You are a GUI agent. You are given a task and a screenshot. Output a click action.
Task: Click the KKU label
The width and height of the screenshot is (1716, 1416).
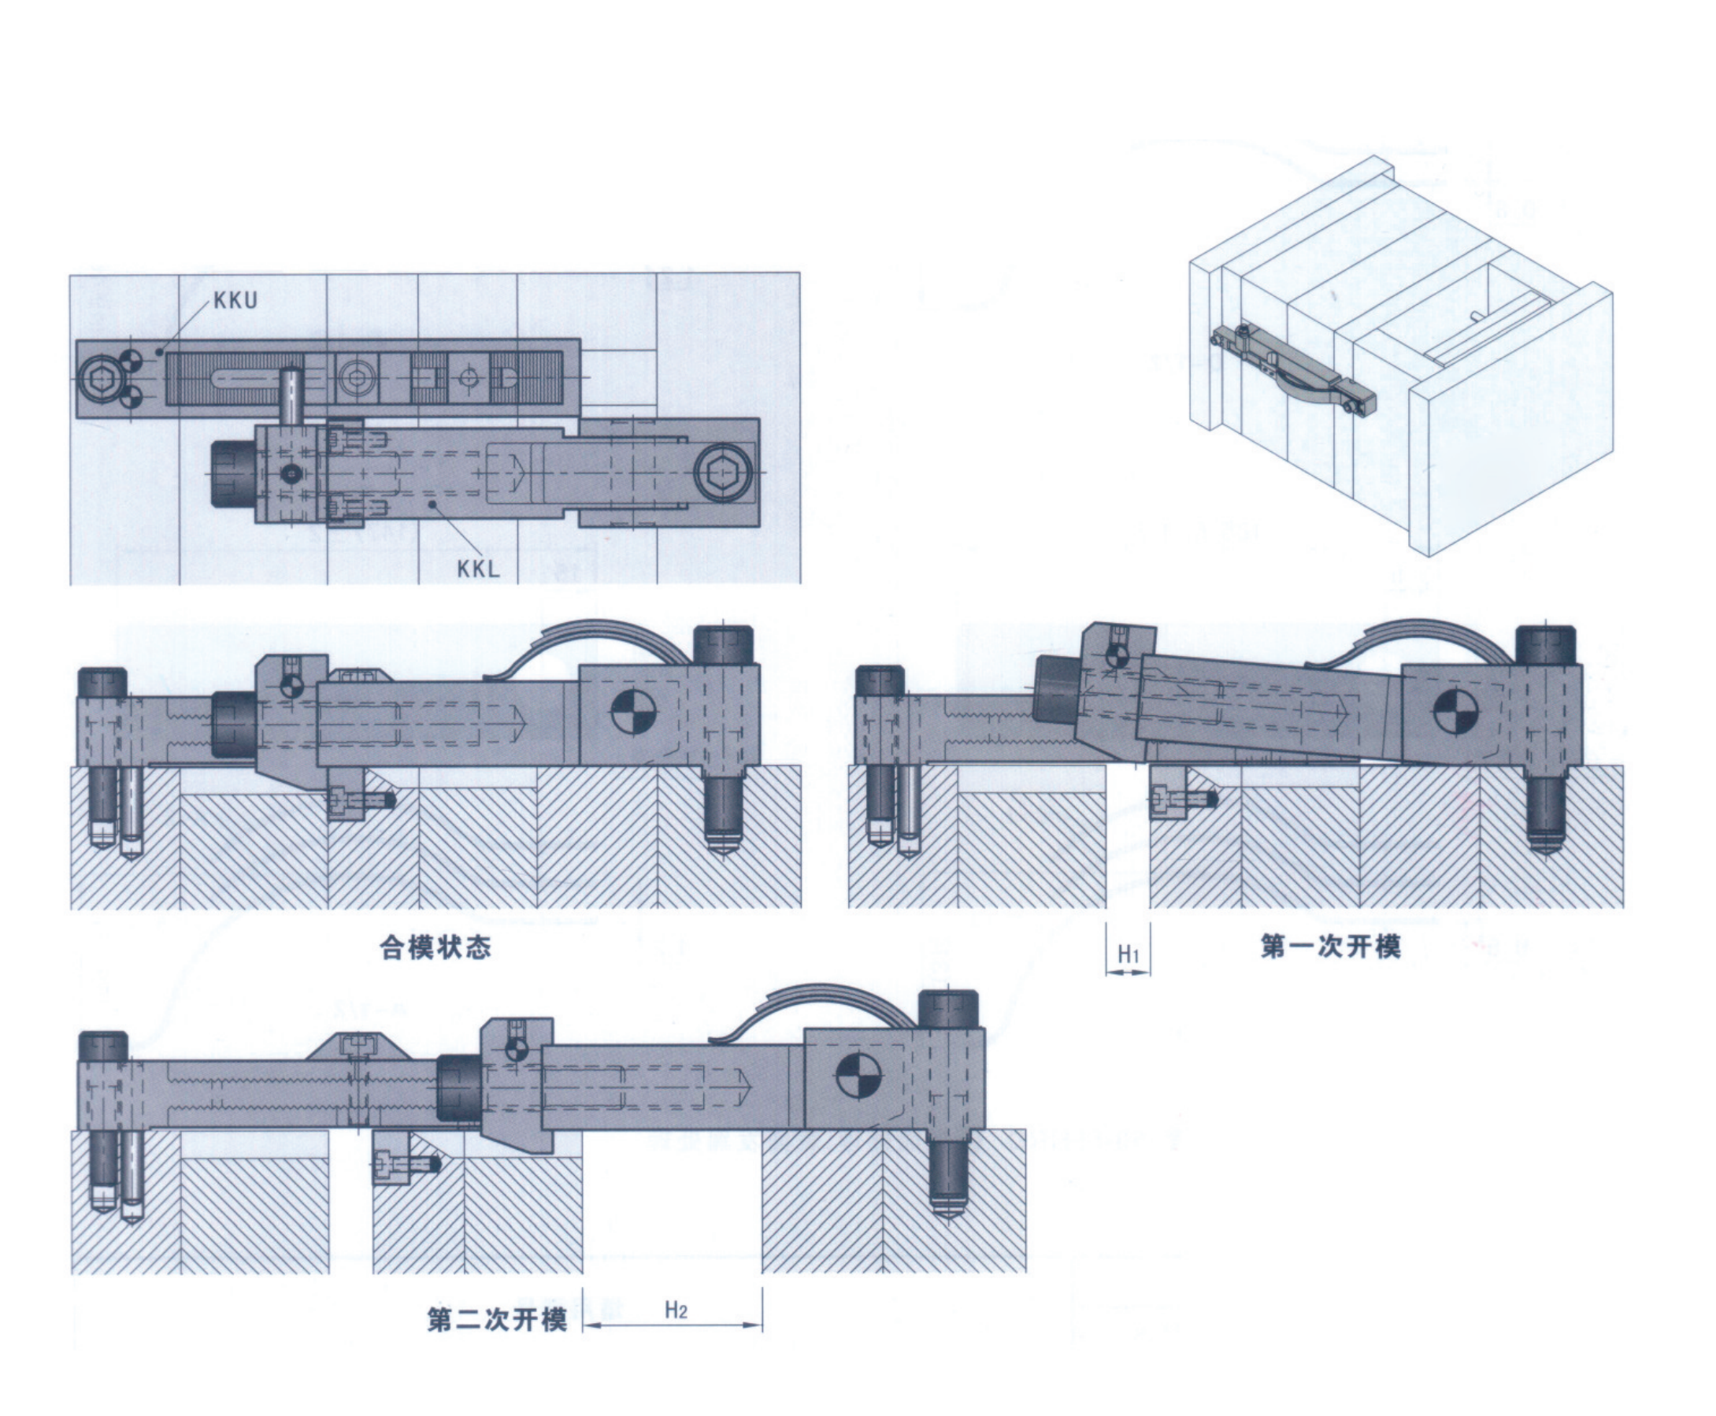(235, 300)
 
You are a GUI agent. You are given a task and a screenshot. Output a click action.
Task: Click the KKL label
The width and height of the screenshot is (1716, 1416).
(477, 569)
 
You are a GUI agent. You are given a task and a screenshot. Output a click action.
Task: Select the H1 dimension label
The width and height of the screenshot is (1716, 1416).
(1127, 954)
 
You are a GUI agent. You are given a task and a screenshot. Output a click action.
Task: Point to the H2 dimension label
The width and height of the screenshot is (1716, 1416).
(676, 1310)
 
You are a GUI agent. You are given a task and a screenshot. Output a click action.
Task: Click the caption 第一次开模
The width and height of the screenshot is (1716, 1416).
(1330, 946)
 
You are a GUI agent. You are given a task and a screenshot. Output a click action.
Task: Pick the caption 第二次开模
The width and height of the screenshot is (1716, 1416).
(497, 1320)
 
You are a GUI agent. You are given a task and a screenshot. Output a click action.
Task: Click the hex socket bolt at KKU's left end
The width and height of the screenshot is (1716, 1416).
(99, 379)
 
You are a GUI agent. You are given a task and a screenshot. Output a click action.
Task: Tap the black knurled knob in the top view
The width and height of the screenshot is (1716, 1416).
(232, 473)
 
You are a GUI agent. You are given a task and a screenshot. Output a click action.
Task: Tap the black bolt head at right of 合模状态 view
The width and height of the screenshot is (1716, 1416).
(724, 645)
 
